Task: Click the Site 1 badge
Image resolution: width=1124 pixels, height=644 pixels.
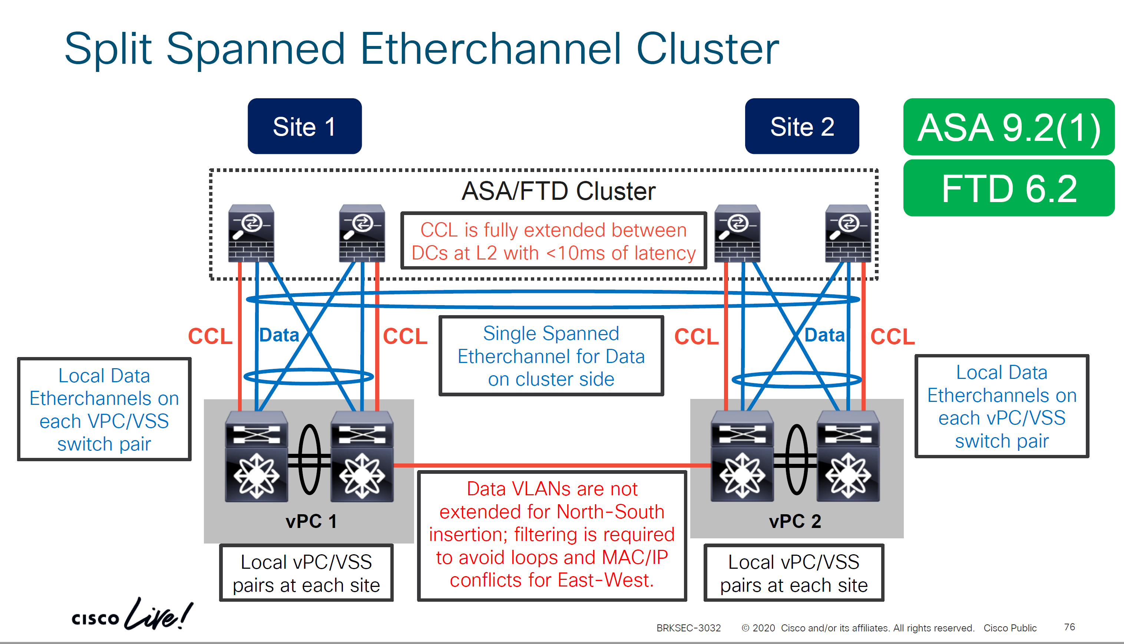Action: (x=304, y=126)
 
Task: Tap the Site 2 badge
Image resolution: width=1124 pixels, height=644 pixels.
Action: (x=801, y=126)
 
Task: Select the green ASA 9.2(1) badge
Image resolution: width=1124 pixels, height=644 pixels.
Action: (x=1009, y=128)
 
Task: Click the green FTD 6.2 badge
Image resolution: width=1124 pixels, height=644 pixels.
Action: (x=1009, y=188)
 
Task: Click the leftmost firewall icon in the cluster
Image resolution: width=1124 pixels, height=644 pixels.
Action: (x=251, y=233)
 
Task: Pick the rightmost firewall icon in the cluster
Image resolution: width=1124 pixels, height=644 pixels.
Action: (x=848, y=233)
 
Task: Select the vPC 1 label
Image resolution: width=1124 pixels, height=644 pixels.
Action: (x=311, y=521)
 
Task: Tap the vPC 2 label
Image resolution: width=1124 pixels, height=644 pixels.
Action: (x=794, y=521)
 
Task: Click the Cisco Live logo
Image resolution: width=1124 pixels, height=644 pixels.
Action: (x=132, y=615)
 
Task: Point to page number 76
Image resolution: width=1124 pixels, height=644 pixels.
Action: (x=1069, y=627)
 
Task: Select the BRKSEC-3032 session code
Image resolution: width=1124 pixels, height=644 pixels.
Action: (x=688, y=628)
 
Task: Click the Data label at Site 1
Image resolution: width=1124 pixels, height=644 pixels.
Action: (x=279, y=335)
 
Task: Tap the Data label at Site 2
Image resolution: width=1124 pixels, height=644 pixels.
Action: (x=824, y=335)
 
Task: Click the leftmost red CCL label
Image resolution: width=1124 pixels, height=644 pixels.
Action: (x=210, y=336)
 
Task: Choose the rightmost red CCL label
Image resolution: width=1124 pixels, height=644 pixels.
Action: (x=892, y=336)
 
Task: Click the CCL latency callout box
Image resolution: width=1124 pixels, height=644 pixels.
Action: (x=553, y=241)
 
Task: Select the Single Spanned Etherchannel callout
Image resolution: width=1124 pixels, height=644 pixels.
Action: (x=551, y=356)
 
